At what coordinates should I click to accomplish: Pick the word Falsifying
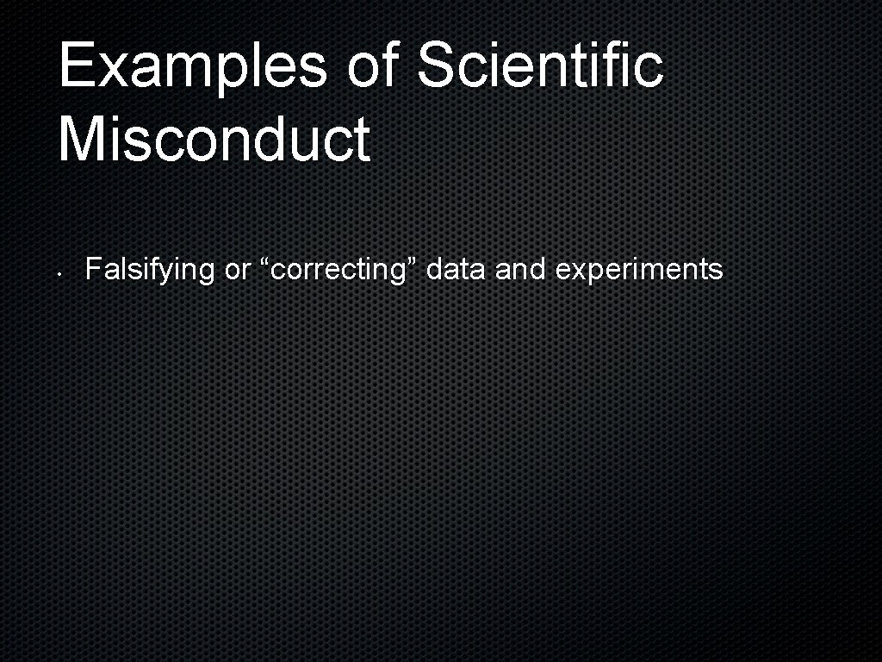tap(150, 271)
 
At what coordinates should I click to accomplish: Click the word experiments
tap(639, 271)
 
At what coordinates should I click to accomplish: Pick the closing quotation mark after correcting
tap(412, 263)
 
